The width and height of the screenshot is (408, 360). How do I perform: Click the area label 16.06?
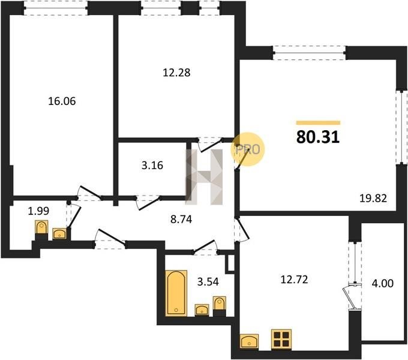[x=62, y=101]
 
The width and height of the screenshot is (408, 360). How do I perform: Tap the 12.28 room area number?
[x=176, y=73]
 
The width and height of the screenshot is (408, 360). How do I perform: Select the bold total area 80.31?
[x=318, y=137]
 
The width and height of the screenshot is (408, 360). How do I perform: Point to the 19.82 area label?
[x=373, y=199]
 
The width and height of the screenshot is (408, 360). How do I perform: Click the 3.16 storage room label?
[x=152, y=165]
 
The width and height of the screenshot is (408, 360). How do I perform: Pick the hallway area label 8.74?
[x=181, y=219]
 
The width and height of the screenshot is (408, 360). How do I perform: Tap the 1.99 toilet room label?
[x=38, y=211]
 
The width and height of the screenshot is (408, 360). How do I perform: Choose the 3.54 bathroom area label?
[x=208, y=281]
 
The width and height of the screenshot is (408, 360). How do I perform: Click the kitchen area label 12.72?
[x=294, y=280]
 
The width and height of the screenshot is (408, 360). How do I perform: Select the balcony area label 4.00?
[x=383, y=283]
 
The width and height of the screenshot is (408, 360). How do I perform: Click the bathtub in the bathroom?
[x=176, y=293]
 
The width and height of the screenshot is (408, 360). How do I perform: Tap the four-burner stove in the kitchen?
[x=281, y=339]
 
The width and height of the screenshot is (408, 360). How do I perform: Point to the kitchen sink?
[x=249, y=341]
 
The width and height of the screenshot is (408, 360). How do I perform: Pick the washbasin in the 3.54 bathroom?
[x=202, y=310]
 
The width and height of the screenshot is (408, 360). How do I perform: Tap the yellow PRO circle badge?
[x=247, y=149]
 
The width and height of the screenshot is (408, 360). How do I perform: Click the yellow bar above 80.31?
[x=318, y=123]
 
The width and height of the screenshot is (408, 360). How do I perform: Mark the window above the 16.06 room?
[x=56, y=8]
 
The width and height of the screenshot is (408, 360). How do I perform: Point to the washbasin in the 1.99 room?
[x=59, y=233]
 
